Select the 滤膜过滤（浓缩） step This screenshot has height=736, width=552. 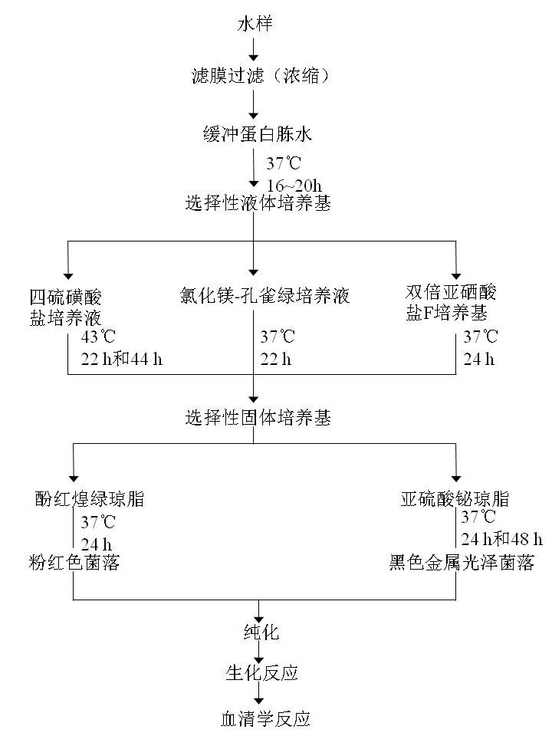click(260, 76)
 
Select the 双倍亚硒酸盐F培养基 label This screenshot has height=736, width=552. click(452, 302)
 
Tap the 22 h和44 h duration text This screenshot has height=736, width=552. click(122, 358)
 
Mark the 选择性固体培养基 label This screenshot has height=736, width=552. click(258, 418)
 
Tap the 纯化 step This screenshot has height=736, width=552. click(261, 632)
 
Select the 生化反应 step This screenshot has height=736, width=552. click(261, 673)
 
